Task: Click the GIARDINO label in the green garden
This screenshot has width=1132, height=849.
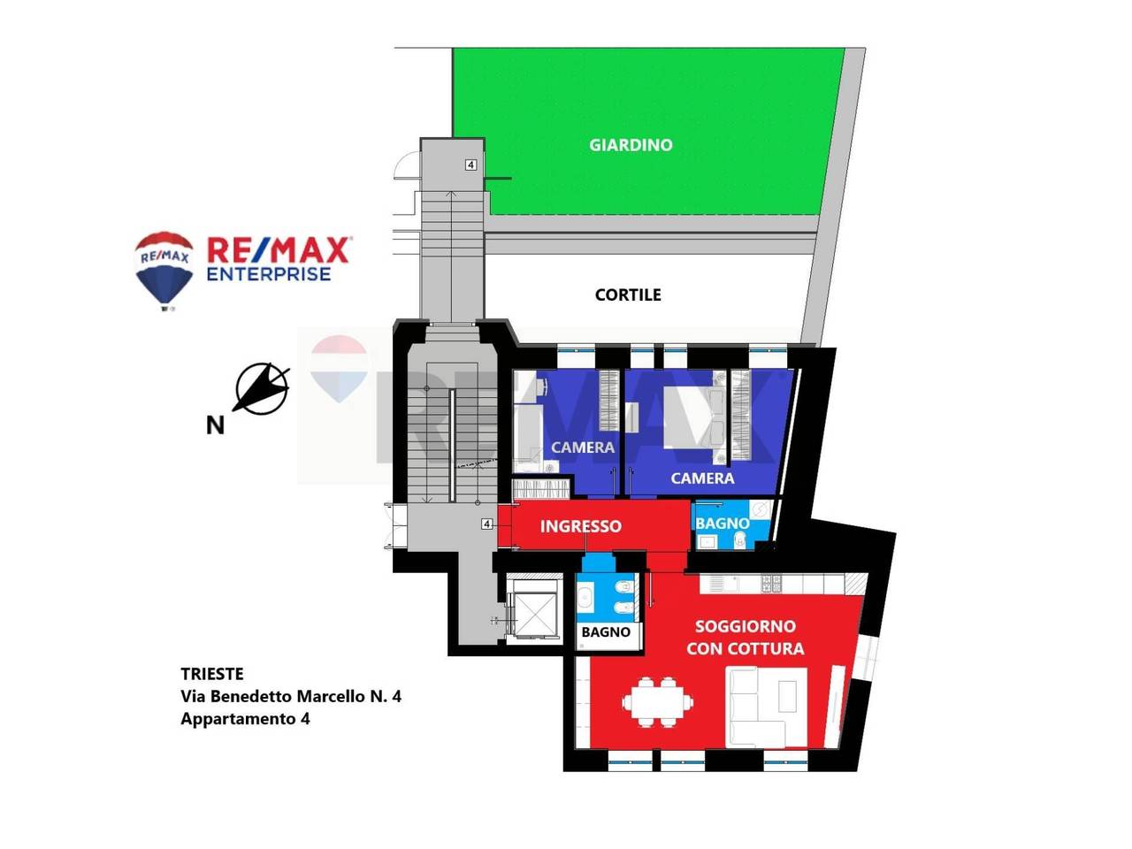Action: [x=631, y=145]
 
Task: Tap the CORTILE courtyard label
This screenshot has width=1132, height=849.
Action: [x=628, y=294]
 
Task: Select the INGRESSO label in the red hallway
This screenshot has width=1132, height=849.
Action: [x=581, y=526]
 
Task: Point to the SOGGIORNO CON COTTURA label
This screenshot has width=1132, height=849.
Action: [x=746, y=638]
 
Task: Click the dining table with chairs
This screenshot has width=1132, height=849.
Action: [x=658, y=702]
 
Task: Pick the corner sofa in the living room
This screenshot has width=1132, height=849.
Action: [x=766, y=707]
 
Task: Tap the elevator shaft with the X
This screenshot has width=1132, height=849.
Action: [x=536, y=614]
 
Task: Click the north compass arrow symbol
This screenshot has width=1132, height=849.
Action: [x=263, y=388]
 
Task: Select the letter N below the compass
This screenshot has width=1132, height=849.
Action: [x=216, y=425]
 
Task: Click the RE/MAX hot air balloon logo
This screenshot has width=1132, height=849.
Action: [x=164, y=271]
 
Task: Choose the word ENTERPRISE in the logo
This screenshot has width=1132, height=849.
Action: [x=269, y=274]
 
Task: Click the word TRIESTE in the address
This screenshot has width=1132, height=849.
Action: [x=212, y=674]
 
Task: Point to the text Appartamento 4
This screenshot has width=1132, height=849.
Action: [x=245, y=719]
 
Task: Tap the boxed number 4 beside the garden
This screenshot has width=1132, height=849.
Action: [x=470, y=165]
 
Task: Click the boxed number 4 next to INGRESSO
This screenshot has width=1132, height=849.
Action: [x=486, y=524]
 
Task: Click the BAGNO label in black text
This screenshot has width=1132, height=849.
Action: [x=606, y=632]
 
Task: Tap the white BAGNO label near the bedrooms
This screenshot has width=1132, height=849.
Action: [x=723, y=524]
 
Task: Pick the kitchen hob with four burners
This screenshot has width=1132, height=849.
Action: [x=771, y=584]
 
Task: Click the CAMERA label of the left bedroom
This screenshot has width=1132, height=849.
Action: [x=583, y=447]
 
